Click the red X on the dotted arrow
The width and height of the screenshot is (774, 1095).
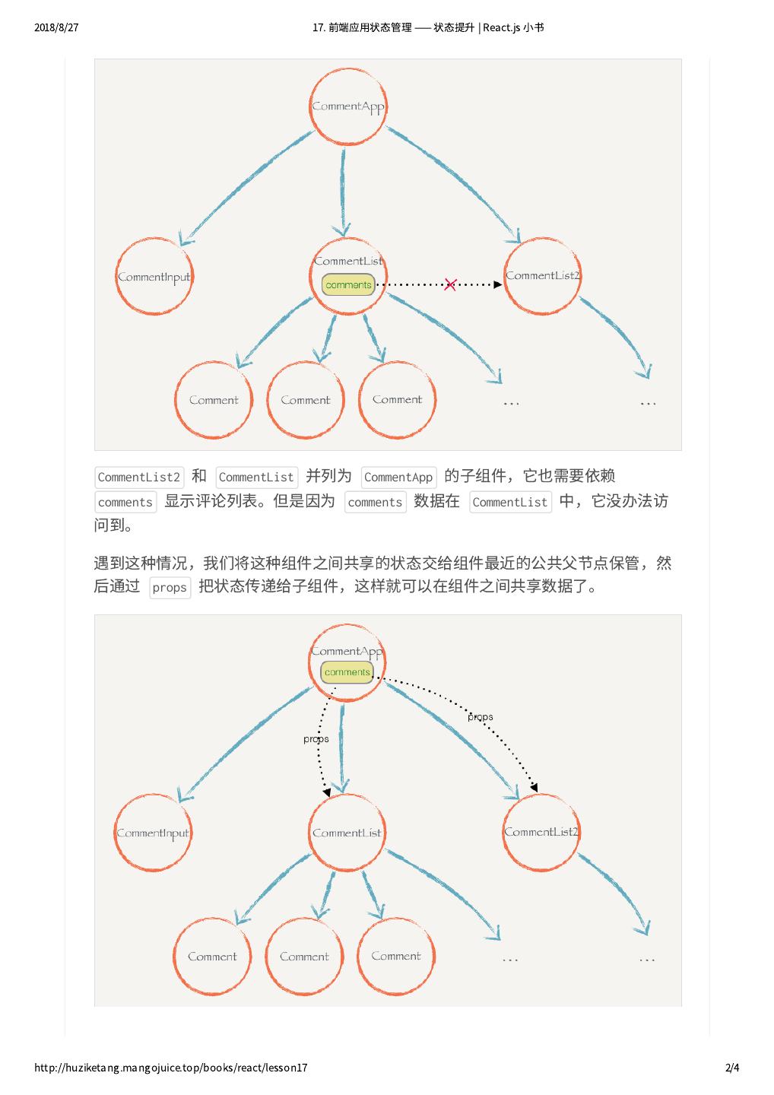coord(450,284)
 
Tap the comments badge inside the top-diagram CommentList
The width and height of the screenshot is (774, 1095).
coord(348,285)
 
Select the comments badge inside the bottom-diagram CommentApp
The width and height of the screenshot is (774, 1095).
coord(347,672)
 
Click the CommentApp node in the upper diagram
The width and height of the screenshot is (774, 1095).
coord(348,106)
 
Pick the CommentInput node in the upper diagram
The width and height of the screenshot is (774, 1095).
coord(154,277)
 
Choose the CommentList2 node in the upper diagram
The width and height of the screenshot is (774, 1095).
coord(542,276)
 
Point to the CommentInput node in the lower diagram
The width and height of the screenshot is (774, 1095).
coord(153,833)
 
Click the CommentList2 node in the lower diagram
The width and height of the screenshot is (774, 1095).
coord(541,832)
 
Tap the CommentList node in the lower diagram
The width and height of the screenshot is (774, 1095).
coord(347,833)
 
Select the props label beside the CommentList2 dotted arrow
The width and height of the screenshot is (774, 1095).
coord(481,716)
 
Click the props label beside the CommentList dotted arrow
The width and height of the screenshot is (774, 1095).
coord(316,739)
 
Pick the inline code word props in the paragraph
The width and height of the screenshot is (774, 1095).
coord(170,588)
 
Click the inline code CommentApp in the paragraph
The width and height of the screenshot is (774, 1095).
coord(398,478)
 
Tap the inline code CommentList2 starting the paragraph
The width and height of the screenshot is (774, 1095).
coord(139,478)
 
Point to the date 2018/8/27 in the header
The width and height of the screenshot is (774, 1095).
coord(56,27)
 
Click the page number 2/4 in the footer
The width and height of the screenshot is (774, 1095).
coord(733,1068)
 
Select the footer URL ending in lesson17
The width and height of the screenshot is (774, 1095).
coord(171,1068)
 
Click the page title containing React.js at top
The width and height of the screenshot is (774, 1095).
coord(428,27)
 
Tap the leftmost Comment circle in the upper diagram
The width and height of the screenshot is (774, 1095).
coord(214,400)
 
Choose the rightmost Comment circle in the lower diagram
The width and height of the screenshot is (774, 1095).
coord(396,956)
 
